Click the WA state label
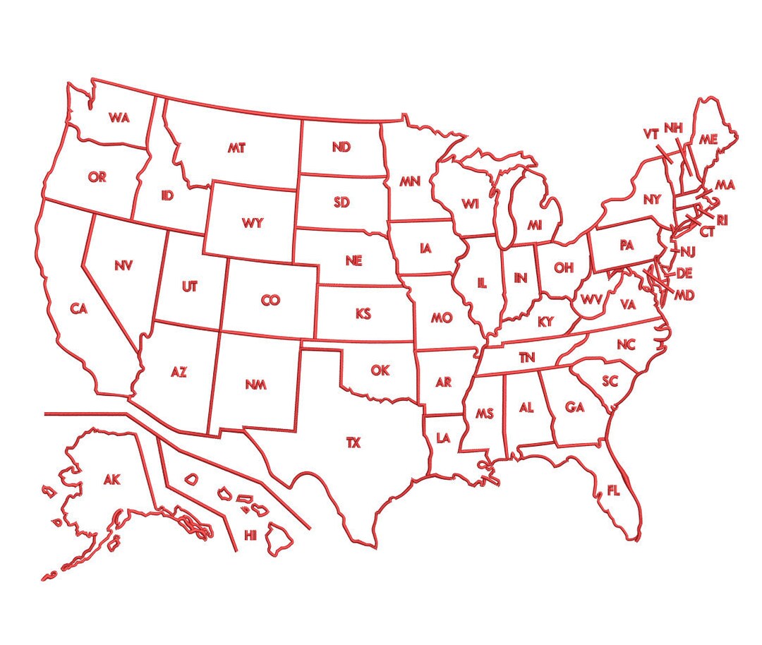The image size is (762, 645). point(119,118)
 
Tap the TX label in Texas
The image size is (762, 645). point(353,443)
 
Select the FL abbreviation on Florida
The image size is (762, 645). point(613,490)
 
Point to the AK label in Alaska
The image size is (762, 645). point(111,480)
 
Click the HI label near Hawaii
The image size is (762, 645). point(250,535)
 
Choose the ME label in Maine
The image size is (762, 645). point(708,140)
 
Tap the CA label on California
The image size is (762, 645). point(78,308)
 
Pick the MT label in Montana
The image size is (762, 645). point(236,148)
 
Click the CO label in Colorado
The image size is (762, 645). point(270,301)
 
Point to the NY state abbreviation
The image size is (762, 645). point(652,200)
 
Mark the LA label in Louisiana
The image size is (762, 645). point(443,438)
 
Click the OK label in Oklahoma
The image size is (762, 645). point(380,370)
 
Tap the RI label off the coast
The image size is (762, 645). point(722,221)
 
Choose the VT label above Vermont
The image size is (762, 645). point(651,133)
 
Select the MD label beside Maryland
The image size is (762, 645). point(684,295)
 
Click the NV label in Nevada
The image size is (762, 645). point(123,265)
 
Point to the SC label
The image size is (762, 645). point(610,381)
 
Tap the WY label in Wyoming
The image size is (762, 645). point(252,224)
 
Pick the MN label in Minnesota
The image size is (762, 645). point(410,182)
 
